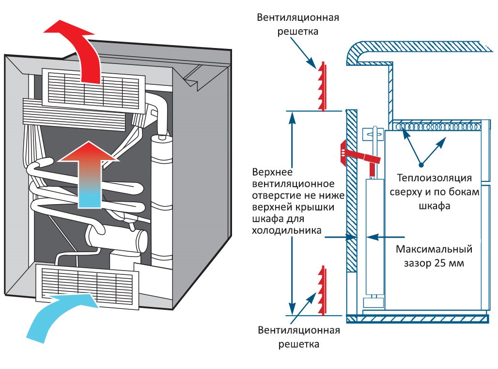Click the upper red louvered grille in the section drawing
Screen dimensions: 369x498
point(322,86)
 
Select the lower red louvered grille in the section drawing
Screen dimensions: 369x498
point(322,289)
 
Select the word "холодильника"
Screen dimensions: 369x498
point(287,231)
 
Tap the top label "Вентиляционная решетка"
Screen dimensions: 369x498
point(298,24)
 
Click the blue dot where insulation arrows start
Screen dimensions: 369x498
point(421,163)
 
